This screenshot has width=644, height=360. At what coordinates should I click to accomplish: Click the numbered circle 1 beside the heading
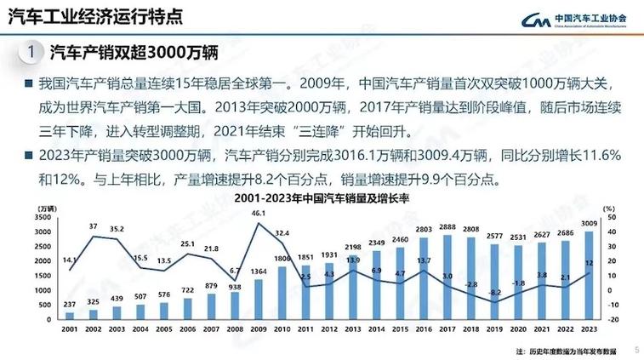pyautogui.click(x=31, y=52)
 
